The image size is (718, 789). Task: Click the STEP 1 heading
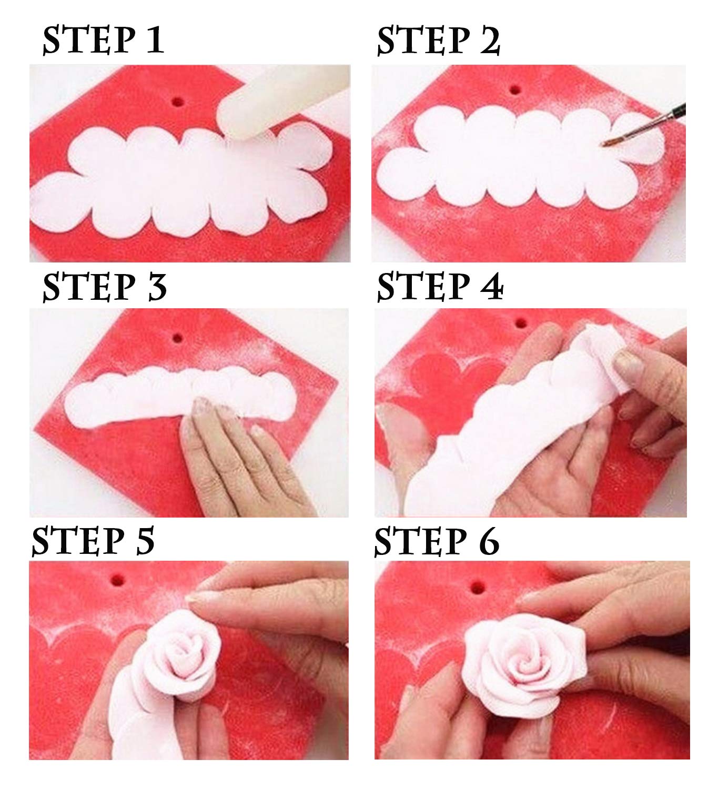click(103, 41)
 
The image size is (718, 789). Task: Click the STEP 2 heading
click(438, 41)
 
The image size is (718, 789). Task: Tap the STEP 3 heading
click(104, 287)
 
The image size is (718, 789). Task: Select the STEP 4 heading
click(440, 287)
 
